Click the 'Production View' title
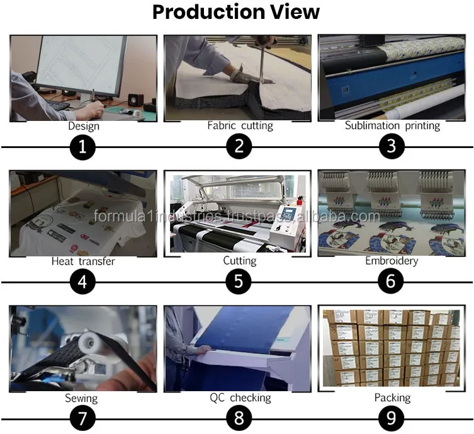click(x=236, y=13)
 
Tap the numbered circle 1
click(x=82, y=147)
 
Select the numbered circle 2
click(x=239, y=146)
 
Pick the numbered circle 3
click(x=392, y=146)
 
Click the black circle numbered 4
click(x=82, y=282)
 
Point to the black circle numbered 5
click(x=239, y=282)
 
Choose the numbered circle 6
click(x=390, y=282)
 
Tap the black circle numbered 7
click(x=82, y=419)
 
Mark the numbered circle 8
click(x=239, y=418)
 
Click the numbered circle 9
click(x=391, y=418)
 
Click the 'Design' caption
click(x=84, y=126)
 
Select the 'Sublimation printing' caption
click(x=392, y=125)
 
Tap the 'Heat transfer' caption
click(x=83, y=261)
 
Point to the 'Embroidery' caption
click(x=392, y=261)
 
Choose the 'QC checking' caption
click(x=240, y=397)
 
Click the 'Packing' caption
click(x=392, y=397)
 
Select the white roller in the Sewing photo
click(x=89, y=343)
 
